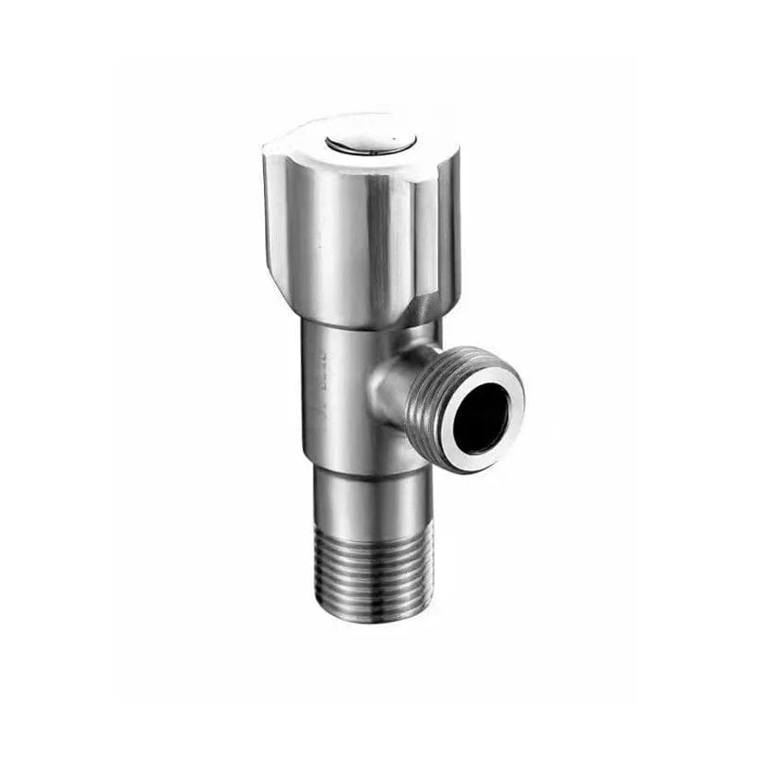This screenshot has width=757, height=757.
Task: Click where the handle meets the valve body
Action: pos(364,322)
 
